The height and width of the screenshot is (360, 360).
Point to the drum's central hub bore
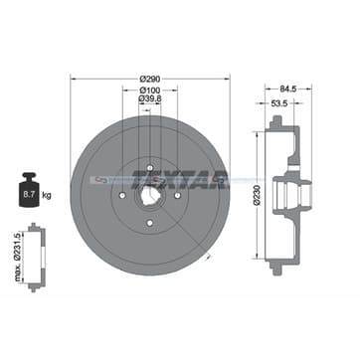[151, 181]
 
